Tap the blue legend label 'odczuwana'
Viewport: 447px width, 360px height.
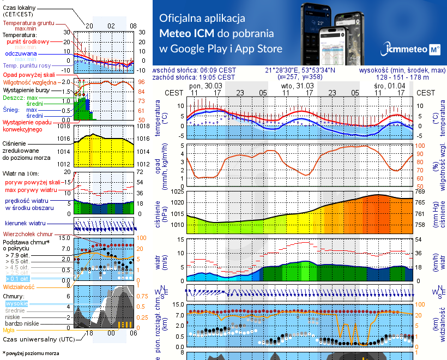[x=21, y=53]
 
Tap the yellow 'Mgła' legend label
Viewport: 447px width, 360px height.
[x=9, y=329]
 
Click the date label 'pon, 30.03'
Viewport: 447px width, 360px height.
[x=202, y=86]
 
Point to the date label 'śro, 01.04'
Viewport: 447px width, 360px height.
[x=386, y=86]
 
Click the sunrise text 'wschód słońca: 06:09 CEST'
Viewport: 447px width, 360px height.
[x=195, y=70]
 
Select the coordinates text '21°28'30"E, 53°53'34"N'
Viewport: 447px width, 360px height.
[x=300, y=70]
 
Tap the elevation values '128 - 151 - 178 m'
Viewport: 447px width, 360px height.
[x=402, y=77]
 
